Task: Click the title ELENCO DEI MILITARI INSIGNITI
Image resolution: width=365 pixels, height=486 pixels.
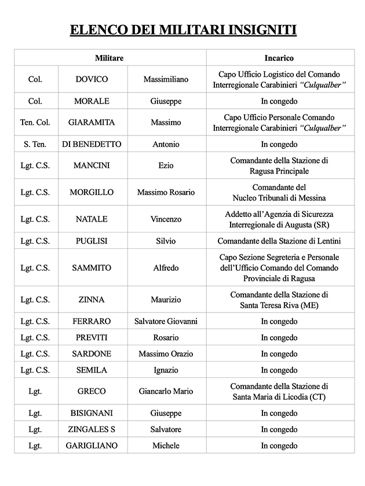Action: click(183, 30)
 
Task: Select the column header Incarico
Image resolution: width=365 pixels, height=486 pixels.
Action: click(279, 58)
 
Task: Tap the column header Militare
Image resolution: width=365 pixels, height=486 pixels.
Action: click(110, 58)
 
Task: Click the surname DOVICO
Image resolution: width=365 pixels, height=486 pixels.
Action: click(92, 79)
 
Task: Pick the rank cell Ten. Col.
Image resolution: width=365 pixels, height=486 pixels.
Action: click(35, 123)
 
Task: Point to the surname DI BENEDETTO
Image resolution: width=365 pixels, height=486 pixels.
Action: click(92, 144)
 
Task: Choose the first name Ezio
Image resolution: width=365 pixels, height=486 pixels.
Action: click(166, 165)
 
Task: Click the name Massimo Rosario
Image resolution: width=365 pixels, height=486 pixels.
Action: click(166, 192)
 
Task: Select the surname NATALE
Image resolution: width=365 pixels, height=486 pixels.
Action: click(92, 219)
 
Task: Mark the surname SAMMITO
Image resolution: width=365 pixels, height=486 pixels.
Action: click(92, 268)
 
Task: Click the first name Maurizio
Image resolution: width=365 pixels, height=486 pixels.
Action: click(166, 300)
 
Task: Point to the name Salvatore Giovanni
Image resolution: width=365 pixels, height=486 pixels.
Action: click(166, 321)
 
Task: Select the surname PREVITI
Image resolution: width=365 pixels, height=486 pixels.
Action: click(92, 337)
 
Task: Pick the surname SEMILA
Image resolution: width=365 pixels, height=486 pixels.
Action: click(92, 370)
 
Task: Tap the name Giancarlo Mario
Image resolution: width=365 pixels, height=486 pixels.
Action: click(166, 392)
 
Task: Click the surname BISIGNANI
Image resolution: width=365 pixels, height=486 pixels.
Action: click(92, 413)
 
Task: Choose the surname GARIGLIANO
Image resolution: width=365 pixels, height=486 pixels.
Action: click(92, 446)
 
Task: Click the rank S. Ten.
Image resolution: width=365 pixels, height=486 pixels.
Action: click(35, 144)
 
